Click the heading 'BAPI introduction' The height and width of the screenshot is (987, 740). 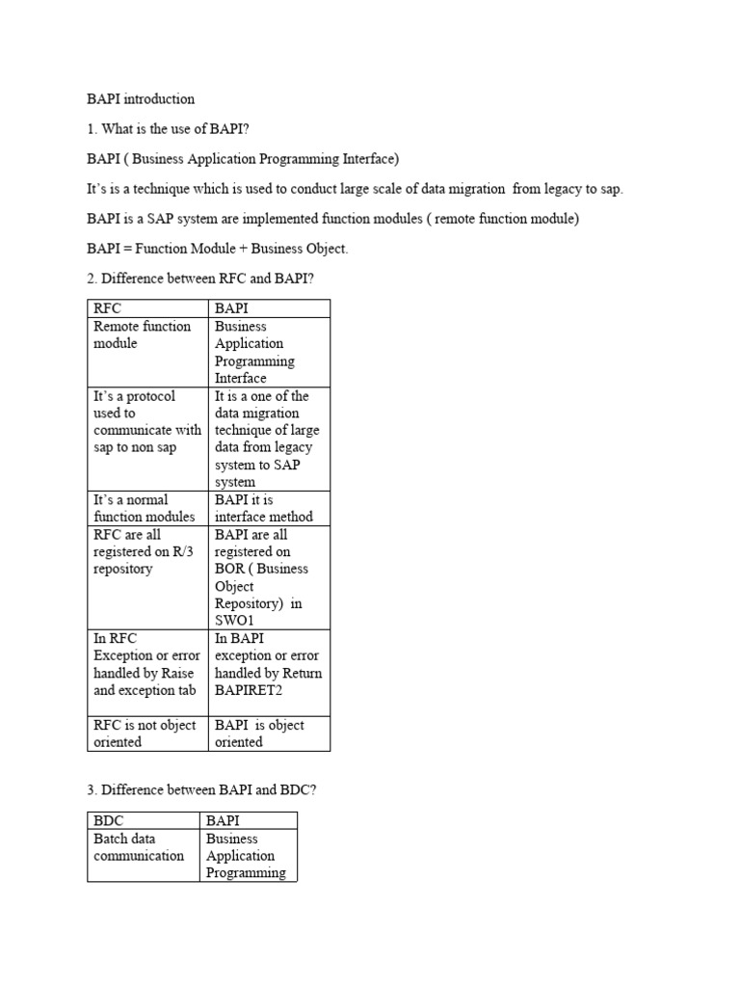click(x=140, y=98)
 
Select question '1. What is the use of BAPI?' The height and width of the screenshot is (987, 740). click(x=168, y=128)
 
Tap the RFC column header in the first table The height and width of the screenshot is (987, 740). click(x=108, y=308)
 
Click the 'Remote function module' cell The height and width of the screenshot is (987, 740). click(x=142, y=334)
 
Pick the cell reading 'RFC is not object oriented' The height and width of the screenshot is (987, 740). click(x=145, y=734)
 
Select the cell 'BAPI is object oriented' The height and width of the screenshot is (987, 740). click(x=259, y=734)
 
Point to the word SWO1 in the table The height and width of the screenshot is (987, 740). click(x=235, y=621)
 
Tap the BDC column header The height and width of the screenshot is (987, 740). click(x=109, y=820)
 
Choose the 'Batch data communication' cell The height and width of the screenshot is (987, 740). click(x=139, y=846)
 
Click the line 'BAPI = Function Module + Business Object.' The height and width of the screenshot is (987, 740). click(x=217, y=249)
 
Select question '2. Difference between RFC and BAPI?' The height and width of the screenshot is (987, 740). click(x=200, y=280)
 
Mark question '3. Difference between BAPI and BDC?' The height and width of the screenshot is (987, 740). click(x=201, y=790)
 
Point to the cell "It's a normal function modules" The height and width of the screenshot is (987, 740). click(x=144, y=508)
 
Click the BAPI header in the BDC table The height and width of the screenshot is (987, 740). click(x=224, y=820)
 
